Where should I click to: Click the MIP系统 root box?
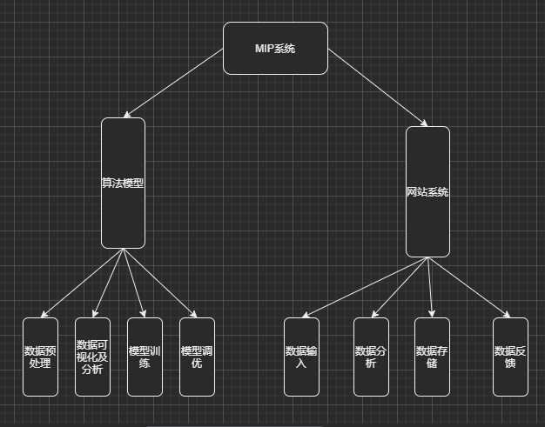pyautogui.click(x=275, y=48)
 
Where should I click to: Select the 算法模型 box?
pyautogui.click(x=123, y=183)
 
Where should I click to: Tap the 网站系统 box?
pyautogui.click(x=427, y=191)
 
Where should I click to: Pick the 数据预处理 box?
pyautogui.click(x=40, y=357)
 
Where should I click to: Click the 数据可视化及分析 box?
pyautogui.click(x=92, y=357)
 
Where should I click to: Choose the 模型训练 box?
pyautogui.click(x=145, y=357)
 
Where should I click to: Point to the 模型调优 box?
pyautogui.click(x=197, y=357)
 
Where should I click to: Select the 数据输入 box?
pyautogui.click(x=301, y=357)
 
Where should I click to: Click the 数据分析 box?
pyautogui.click(x=371, y=357)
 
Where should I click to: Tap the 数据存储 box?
pyautogui.click(x=432, y=357)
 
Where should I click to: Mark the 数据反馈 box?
pyautogui.click(x=510, y=357)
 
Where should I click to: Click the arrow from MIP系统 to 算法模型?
pyautogui.click(x=173, y=83)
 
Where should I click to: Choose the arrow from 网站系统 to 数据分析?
pyautogui.click(x=400, y=287)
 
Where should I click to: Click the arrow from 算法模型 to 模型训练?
pyautogui.click(x=133, y=283)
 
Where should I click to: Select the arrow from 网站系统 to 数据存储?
pyautogui.click(x=430, y=287)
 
